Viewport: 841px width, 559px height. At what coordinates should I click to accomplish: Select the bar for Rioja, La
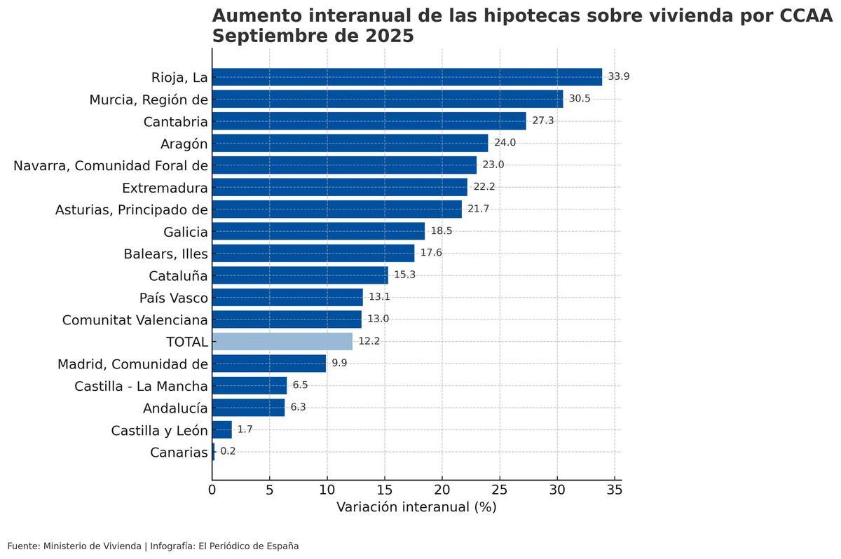click(406, 77)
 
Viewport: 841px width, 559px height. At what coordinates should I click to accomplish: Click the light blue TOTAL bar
click(282, 341)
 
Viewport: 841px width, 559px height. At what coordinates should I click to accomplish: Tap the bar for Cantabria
click(369, 121)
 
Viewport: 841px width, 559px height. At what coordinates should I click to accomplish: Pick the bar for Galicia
click(318, 231)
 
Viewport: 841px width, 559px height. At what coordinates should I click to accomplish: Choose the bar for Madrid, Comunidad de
click(269, 364)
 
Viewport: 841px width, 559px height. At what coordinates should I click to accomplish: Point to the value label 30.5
click(580, 99)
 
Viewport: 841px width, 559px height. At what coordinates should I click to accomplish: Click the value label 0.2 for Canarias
click(228, 451)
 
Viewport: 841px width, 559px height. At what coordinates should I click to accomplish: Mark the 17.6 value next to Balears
click(431, 253)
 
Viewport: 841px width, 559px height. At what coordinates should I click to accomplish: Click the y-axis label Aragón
click(184, 144)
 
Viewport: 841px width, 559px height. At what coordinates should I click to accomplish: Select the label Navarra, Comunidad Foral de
click(111, 166)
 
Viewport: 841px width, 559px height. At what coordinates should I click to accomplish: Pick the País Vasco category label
click(174, 298)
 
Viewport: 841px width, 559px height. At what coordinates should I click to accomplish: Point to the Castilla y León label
click(159, 430)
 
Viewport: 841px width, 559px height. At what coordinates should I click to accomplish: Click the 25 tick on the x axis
click(500, 490)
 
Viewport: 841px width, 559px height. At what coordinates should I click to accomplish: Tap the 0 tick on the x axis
click(212, 490)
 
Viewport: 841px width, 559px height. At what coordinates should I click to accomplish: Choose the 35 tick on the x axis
click(615, 490)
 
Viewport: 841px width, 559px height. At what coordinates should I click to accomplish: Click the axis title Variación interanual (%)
click(416, 507)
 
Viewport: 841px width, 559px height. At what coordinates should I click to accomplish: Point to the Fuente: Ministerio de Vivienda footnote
click(74, 546)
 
